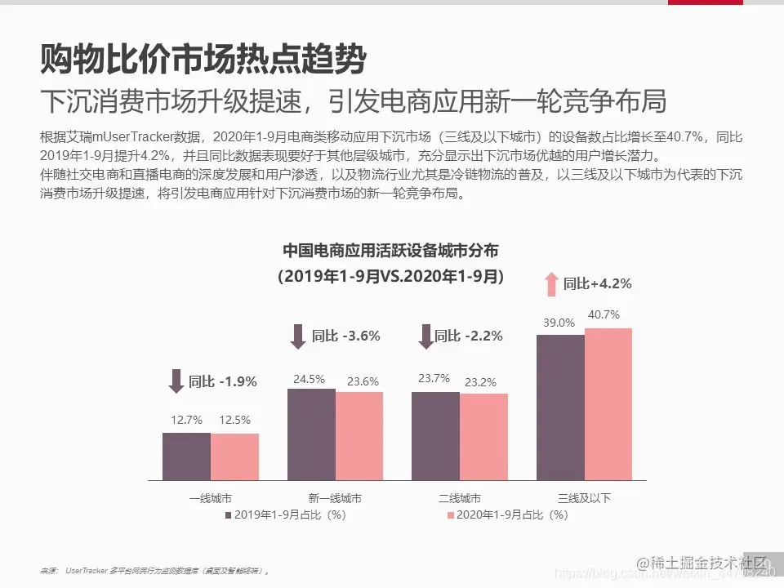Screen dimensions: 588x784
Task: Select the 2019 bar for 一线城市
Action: coord(186,457)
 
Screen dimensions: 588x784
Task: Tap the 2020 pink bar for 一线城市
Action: coord(234,457)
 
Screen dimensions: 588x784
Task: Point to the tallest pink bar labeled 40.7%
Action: coord(608,403)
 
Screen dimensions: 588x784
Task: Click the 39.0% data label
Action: coord(559,323)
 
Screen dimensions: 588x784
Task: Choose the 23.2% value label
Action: coord(483,381)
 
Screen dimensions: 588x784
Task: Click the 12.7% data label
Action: coord(186,420)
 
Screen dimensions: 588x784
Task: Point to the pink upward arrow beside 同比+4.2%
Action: coord(551,283)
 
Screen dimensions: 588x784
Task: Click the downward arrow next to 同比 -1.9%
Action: coord(175,381)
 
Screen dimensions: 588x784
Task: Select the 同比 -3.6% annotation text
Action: coord(346,336)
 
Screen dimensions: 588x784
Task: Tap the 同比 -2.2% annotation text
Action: coord(468,336)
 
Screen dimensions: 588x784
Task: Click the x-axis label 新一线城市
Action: coord(335,498)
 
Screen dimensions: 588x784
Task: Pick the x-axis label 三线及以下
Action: coord(584,498)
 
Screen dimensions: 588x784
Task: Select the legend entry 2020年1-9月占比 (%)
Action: coord(506,515)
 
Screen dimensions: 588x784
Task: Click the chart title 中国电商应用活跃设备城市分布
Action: coord(390,250)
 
